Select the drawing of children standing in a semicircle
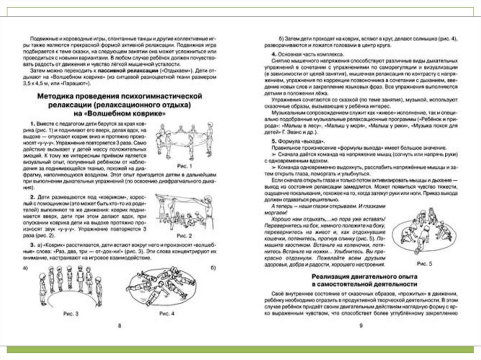coord(70,286)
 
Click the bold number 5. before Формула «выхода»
coord(274,142)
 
